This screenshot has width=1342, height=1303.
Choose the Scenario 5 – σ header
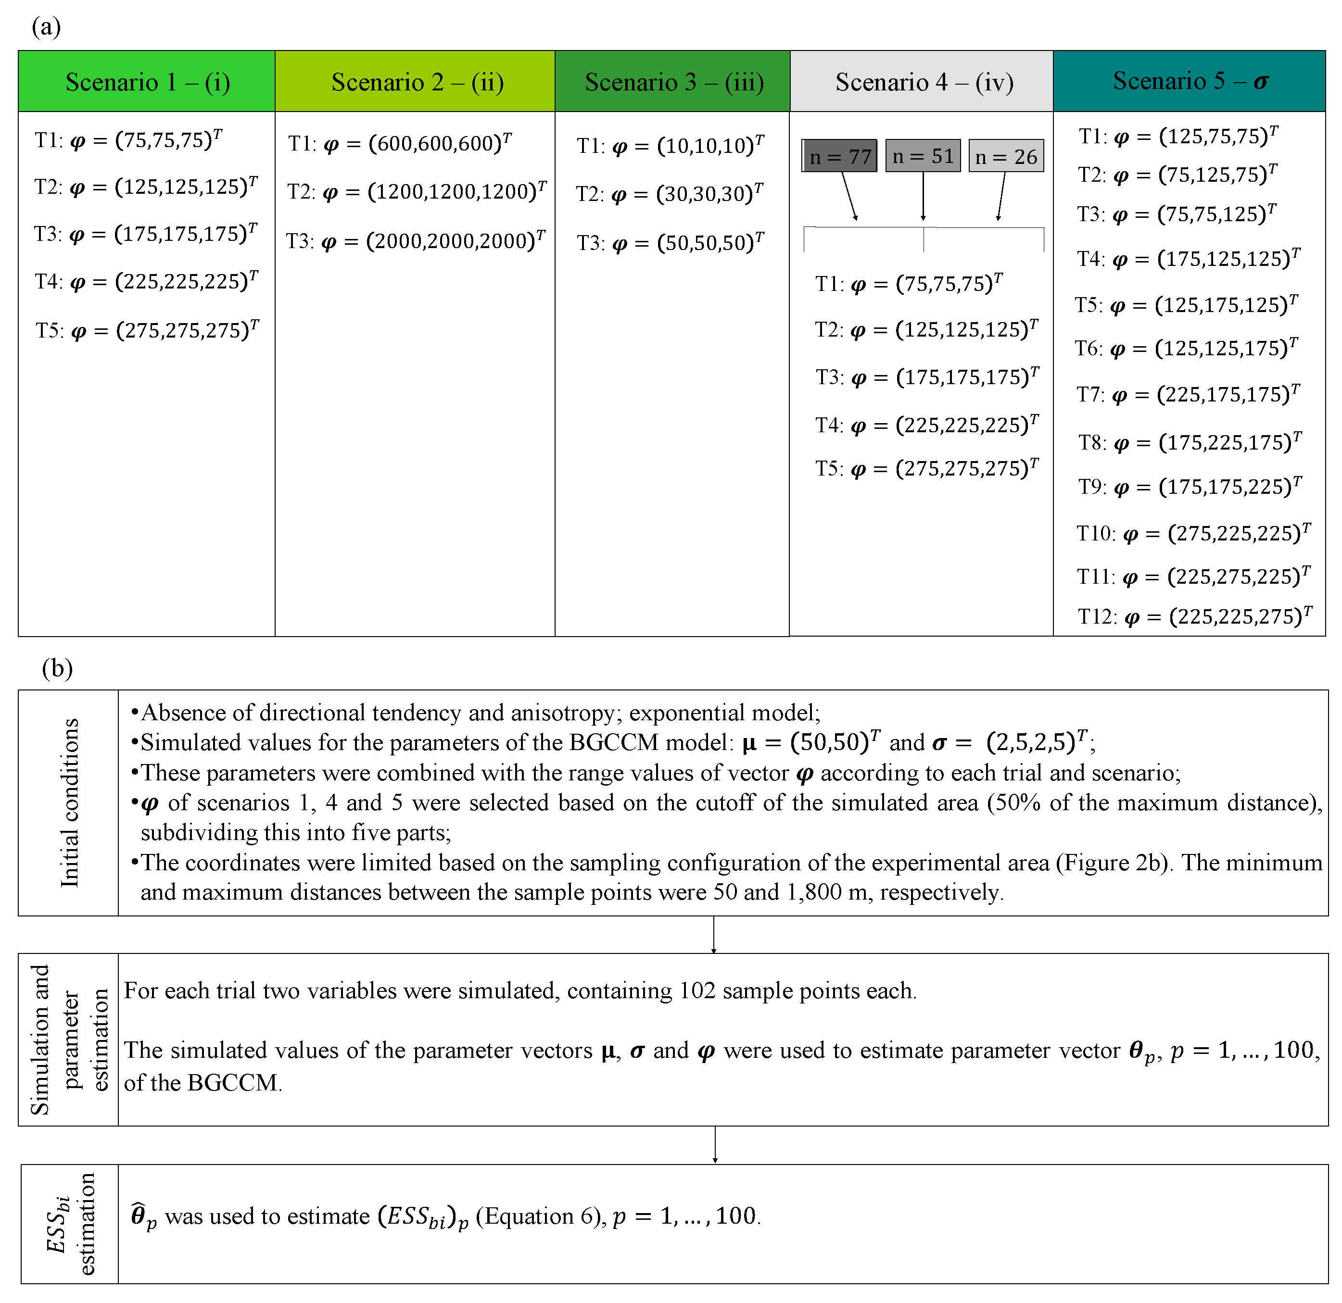tap(1190, 81)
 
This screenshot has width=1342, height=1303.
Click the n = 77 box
tap(839, 156)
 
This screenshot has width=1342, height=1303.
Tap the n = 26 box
tap(1006, 156)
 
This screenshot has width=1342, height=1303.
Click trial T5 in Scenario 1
tap(147, 330)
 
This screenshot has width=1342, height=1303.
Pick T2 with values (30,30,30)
tap(670, 194)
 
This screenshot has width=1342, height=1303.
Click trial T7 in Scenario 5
tap(1188, 394)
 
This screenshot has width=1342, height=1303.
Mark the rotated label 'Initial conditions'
tap(69, 803)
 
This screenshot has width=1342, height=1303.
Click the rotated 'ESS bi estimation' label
tap(69, 1224)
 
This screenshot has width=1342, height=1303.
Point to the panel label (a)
tap(46, 27)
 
